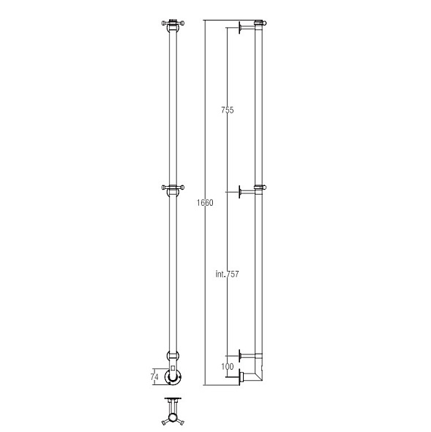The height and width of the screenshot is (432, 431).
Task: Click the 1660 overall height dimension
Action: [205, 203]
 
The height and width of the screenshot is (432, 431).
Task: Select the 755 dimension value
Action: [227, 110]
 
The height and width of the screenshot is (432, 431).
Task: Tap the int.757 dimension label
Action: [227, 274]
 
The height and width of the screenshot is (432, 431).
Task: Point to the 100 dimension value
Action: [227, 366]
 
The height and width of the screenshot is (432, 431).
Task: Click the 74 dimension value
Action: [154, 376]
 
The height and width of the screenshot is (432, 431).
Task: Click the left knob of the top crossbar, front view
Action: [163, 23]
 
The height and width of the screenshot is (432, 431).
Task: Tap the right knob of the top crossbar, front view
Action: [182, 23]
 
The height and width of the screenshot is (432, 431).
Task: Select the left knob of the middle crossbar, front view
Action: [163, 187]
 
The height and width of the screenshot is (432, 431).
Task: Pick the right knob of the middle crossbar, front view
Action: [182, 187]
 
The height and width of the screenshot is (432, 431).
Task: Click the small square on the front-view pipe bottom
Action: [173, 368]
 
